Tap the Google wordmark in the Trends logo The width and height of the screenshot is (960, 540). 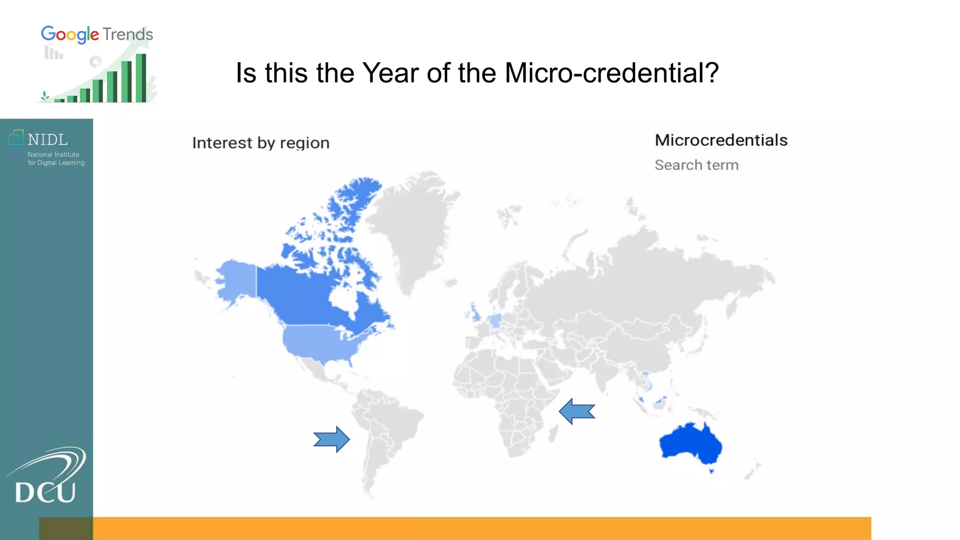point(70,35)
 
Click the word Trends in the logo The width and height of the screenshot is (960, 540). point(127,35)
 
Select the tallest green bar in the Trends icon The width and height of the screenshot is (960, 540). point(141,78)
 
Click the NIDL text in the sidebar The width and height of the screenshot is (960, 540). point(47,140)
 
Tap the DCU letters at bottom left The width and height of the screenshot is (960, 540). point(45,492)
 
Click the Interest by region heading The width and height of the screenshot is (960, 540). point(261,142)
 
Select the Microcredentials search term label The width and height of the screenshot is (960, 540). point(720,140)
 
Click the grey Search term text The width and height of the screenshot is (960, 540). point(696,165)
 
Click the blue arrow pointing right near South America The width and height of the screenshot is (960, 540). point(331,439)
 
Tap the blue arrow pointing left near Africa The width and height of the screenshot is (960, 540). point(577,411)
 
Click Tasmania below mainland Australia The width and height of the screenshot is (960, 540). point(711,471)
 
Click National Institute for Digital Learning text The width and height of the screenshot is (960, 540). point(56,158)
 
